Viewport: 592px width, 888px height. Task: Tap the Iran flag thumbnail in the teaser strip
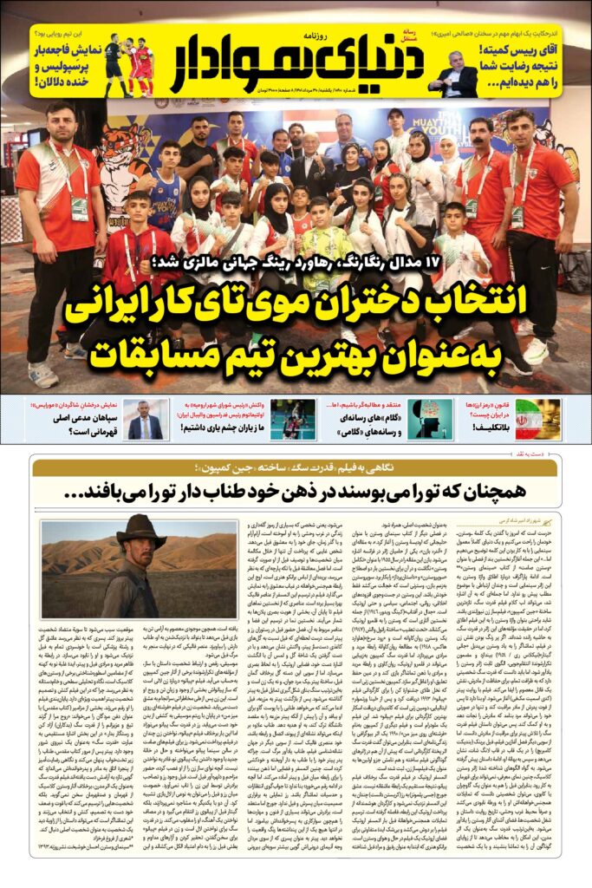click(x=538, y=420)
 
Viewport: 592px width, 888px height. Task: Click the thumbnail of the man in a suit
click(x=145, y=420)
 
